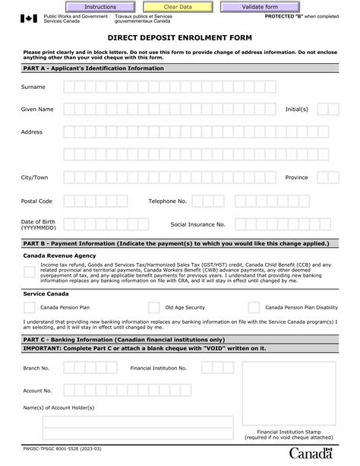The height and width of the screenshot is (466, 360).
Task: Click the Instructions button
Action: coord(100,7)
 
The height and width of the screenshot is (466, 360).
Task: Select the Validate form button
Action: coord(260,7)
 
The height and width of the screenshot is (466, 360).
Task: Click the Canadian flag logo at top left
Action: coord(28,18)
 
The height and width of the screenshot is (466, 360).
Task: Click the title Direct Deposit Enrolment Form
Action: coord(180,36)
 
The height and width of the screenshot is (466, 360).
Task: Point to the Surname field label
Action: coord(33,87)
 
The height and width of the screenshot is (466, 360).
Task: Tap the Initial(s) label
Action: coord(297,109)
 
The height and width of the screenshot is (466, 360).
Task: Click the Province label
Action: coord(296,177)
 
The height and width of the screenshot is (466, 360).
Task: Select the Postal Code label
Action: coord(36,201)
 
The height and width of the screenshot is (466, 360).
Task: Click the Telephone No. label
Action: coord(167,201)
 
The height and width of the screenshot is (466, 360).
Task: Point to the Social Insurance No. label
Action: coord(197,224)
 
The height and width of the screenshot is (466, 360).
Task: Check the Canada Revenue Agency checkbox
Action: coord(28,273)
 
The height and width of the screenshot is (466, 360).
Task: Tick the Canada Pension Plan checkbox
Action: coord(29,308)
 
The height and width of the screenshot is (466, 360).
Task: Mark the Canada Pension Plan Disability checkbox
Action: coord(254,308)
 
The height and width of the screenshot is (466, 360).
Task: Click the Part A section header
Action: coord(93,68)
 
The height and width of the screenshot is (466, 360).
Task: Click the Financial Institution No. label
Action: coord(158,368)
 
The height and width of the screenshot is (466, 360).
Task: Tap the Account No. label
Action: coord(37,391)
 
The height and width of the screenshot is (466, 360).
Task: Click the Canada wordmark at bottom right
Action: coord(311,454)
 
